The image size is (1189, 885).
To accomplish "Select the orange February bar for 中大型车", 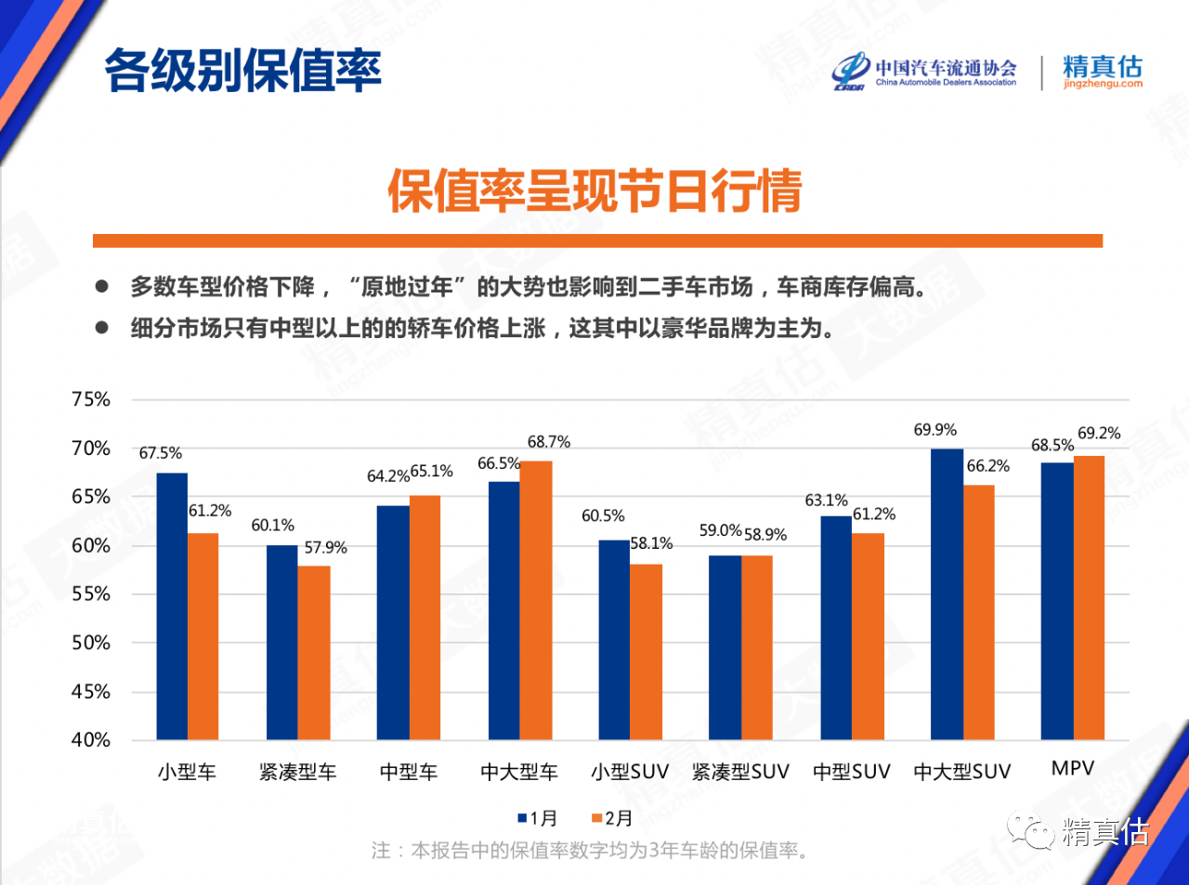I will click(x=536, y=600).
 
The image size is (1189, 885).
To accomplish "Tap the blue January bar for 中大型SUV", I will click(x=947, y=594).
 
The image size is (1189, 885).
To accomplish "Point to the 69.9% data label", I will click(x=934, y=430).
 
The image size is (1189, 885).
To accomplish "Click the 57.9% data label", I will click(x=325, y=548).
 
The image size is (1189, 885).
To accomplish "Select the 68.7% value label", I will click(x=549, y=442).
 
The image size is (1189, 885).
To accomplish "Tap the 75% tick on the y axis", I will click(x=91, y=399).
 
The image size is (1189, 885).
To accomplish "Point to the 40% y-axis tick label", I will click(x=91, y=740).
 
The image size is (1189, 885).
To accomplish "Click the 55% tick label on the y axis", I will click(x=91, y=594).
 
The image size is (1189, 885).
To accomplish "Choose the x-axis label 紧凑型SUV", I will click(x=740, y=772).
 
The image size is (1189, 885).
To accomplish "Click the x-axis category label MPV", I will click(x=1073, y=769).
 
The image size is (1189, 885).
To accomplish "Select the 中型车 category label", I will click(x=409, y=772).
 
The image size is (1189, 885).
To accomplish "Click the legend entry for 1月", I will click(x=538, y=818).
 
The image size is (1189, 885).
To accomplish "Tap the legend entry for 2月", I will click(x=612, y=818).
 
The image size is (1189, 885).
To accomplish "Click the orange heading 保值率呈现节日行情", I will click(x=594, y=191).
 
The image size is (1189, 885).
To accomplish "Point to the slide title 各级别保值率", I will click(x=242, y=71).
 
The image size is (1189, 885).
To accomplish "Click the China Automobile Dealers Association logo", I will click(x=924, y=72).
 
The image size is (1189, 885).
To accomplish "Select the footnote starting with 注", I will click(x=590, y=851).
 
